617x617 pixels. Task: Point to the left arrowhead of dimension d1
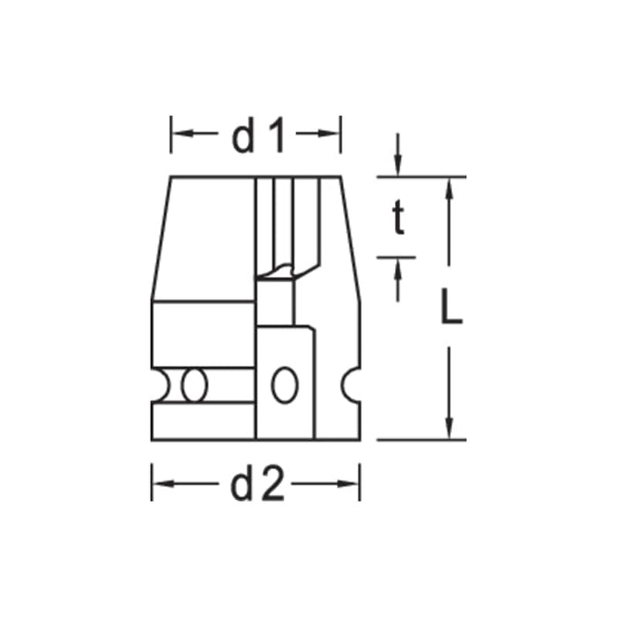[x=177, y=134]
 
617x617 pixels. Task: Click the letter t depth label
[x=398, y=219]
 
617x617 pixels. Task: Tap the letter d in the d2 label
[x=242, y=485]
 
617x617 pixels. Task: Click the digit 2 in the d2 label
[x=273, y=485]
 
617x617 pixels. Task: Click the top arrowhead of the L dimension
[x=450, y=186]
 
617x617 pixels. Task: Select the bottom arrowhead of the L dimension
[x=450, y=429]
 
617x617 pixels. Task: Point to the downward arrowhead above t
[x=398, y=167]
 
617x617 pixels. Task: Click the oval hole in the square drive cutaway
[x=284, y=385]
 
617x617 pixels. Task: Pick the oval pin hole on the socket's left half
[x=193, y=385]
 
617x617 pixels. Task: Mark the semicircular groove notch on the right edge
[x=353, y=385]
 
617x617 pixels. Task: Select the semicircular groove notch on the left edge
[x=158, y=385]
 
